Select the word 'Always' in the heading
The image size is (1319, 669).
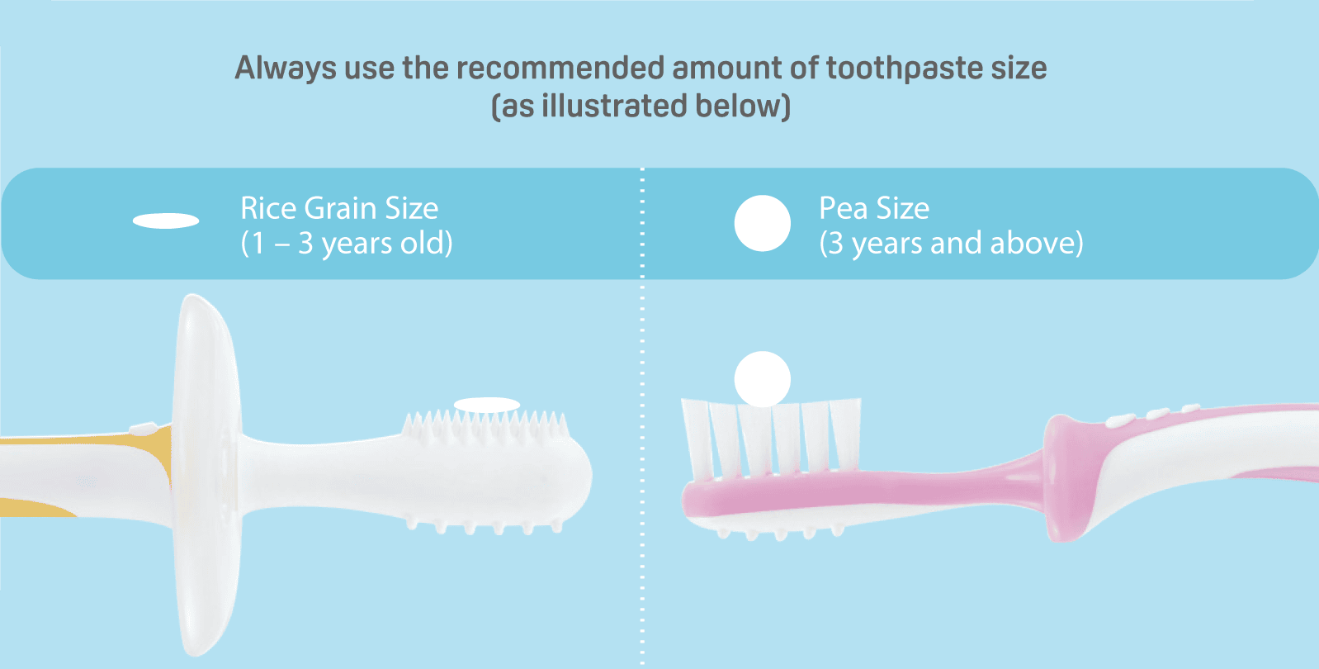286,69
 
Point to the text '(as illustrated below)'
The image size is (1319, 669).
641,106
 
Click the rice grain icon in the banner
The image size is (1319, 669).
166,221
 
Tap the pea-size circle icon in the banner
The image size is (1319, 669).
763,223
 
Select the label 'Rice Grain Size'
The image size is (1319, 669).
339,209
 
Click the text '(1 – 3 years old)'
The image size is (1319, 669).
347,244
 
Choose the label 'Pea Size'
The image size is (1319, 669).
874,209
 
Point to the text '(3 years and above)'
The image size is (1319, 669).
952,244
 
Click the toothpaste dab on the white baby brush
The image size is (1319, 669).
487,405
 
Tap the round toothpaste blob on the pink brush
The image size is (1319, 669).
763,379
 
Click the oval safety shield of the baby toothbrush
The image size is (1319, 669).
207,475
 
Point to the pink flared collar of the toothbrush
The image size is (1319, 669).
1069,478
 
